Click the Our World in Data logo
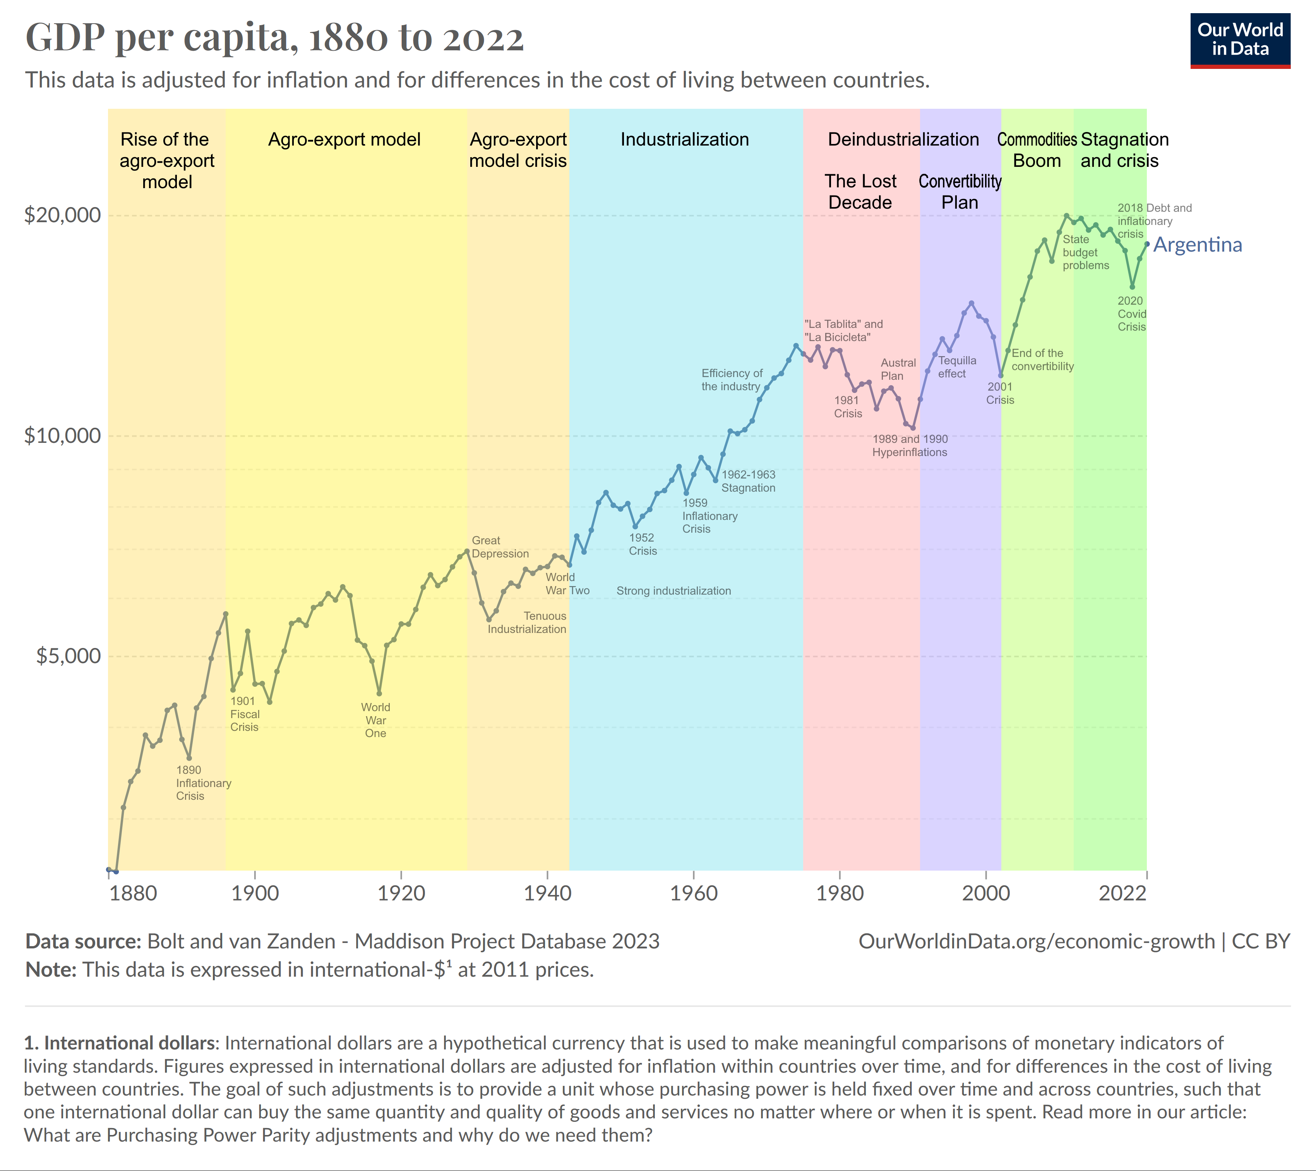coord(1239,40)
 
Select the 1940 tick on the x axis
coord(547,893)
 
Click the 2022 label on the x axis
coord(1122,893)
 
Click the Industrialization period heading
coord(684,140)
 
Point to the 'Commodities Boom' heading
coord(1037,150)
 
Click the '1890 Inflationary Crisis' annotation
coord(203,783)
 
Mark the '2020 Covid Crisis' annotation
coord(1131,314)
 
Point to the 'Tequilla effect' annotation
coord(957,367)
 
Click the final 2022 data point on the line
coord(1147,244)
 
